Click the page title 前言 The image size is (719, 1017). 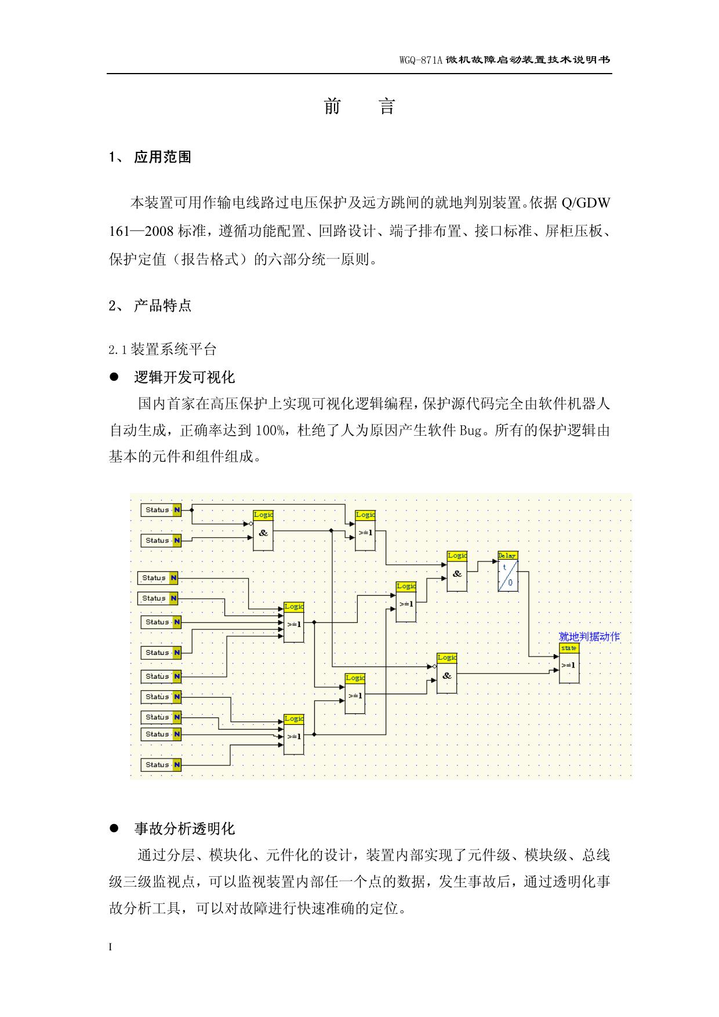pyautogui.click(x=359, y=107)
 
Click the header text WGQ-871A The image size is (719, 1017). pyautogui.click(x=421, y=60)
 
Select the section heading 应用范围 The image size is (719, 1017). pyautogui.click(x=162, y=157)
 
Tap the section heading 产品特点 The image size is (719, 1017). pyautogui.click(x=162, y=305)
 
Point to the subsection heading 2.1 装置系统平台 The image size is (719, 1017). pyautogui.click(x=162, y=349)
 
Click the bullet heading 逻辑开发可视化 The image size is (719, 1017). pyautogui.click(x=184, y=377)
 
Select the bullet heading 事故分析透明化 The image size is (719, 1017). pyautogui.click(x=184, y=829)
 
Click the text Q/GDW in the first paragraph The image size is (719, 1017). pyautogui.click(x=586, y=203)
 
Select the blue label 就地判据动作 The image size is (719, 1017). pyautogui.click(x=589, y=637)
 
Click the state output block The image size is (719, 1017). pyautogui.click(x=569, y=663)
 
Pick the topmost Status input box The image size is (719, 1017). pyautogui.click(x=161, y=510)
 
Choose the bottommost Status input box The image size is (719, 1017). pyautogui.click(x=161, y=765)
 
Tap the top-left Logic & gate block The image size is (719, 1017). pyautogui.click(x=263, y=530)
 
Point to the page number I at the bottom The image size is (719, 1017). pyautogui.click(x=111, y=947)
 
